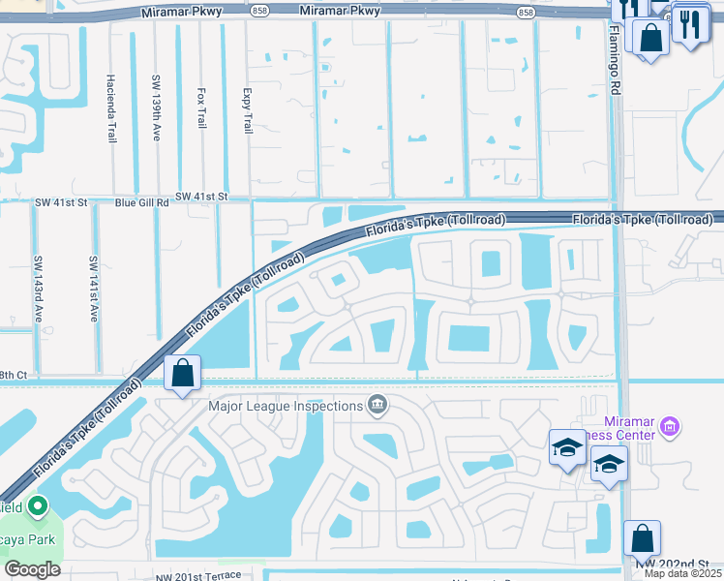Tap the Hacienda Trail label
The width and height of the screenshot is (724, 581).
(x=111, y=109)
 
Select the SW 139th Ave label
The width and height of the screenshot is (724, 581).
(x=156, y=109)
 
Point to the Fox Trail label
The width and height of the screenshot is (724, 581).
(x=201, y=109)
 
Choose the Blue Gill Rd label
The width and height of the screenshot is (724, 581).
(x=141, y=202)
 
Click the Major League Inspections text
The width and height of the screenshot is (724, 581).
(x=285, y=406)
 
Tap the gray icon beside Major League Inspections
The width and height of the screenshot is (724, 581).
(x=377, y=405)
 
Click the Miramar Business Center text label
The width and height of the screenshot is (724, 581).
(x=643, y=428)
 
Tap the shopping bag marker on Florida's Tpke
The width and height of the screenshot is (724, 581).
(x=183, y=373)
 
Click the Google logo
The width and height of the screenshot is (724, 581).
(x=32, y=569)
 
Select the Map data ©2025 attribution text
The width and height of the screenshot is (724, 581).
(x=682, y=573)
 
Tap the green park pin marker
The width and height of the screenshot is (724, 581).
(x=38, y=506)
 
